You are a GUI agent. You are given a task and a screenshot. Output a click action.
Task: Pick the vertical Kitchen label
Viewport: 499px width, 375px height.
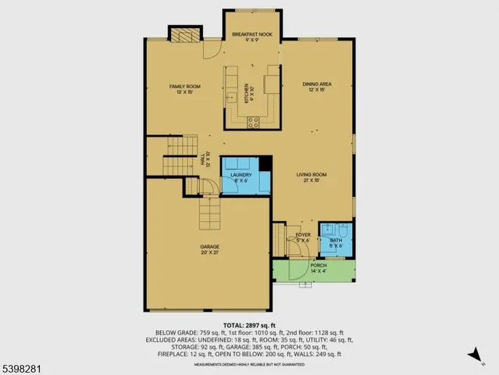pos(247,94)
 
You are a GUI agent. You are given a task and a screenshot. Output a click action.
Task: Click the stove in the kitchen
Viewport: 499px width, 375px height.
pos(254,121)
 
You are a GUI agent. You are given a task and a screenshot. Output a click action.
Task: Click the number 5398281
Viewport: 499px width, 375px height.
pos(25,365)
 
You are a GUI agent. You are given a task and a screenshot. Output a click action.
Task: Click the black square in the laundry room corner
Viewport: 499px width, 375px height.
pos(266,162)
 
